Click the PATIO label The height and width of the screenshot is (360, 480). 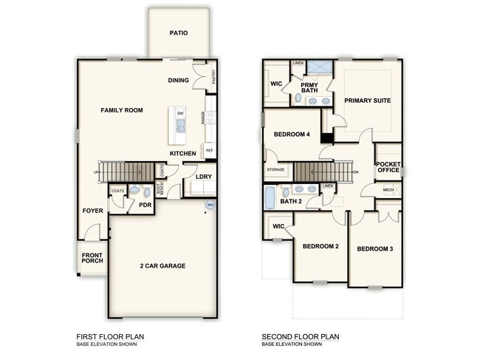tap(178, 33)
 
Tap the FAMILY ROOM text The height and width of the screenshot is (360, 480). tap(122, 110)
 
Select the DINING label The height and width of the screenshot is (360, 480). tap(179, 80)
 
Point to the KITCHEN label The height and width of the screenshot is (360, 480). tap(182, 153)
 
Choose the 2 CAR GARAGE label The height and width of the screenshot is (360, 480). tap(162, 265)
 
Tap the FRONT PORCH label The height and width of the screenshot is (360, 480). tap(93, 259)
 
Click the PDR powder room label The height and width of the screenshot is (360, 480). tap(145, 205)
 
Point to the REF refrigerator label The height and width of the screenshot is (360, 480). tap(210, 150)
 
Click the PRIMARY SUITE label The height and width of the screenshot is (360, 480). tap(368, 100)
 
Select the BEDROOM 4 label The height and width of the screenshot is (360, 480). tap(292, 134)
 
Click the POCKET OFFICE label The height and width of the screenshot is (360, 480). tap(388, 167)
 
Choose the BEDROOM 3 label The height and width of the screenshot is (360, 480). tap(375, 249)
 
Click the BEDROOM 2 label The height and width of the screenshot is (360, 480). tap(320, 245)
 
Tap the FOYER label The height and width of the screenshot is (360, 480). tap(92, 211)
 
